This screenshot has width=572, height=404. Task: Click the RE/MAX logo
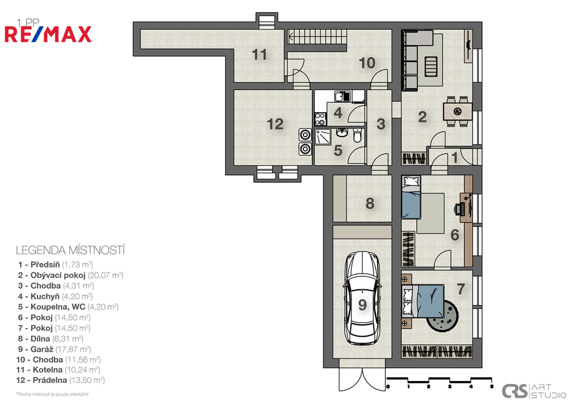pos(48,34)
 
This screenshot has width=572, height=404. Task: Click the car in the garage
pos(362,298)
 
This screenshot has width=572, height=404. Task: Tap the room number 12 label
pos(275,124)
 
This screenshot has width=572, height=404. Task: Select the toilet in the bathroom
pos(357,135)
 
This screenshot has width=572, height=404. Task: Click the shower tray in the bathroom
pos(323,136)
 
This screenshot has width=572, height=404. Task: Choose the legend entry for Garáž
pos(54,349)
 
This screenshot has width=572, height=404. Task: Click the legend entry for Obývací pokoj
pos(70,275)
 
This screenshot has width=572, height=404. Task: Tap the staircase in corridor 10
pos(317,36)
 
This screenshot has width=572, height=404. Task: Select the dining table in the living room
pos(457,111)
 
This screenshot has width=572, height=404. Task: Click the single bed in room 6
pos(411,197)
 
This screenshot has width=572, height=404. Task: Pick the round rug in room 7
pos(442,316)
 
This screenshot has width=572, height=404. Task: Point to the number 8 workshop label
pos(370,203)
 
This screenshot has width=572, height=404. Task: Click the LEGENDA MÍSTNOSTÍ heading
pos(70,250)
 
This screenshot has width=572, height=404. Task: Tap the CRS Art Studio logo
pos(533,391)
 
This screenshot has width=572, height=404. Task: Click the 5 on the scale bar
pos(492,386)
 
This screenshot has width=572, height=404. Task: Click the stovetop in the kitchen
pos(320,119)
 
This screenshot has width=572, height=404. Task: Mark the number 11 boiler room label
pos(259,55)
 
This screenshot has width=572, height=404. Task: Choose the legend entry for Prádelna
pos(60,381)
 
